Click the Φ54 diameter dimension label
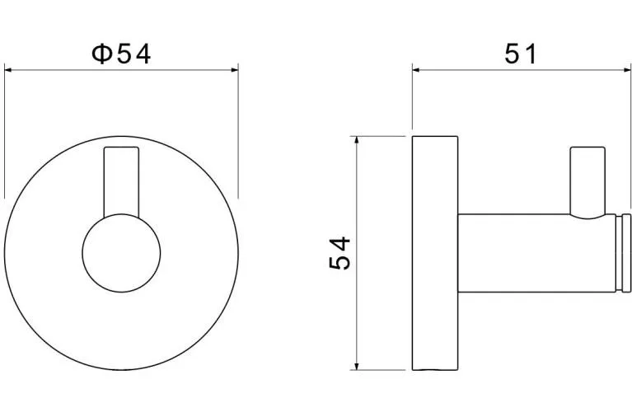(121, 54)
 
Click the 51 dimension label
(521, 54)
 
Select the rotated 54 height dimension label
(339, 253)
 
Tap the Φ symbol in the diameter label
(101, 54)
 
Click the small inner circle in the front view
(121, 253)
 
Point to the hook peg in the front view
(121, 181)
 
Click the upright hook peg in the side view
(588, 181)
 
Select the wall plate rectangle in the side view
(435, 253)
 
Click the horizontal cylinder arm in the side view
(537, 253)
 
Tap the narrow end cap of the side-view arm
(626, 253)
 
